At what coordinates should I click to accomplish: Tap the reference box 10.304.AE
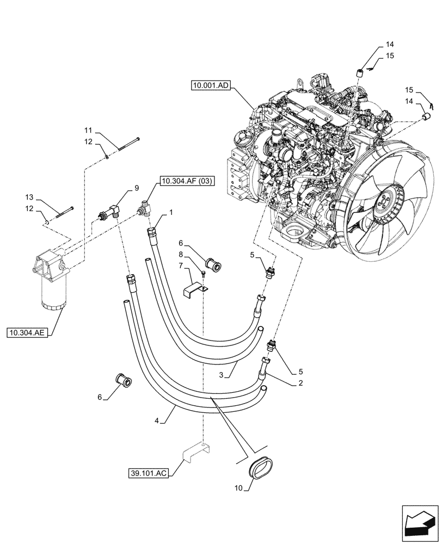(27, 331)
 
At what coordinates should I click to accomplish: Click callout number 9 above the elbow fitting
(137, 188)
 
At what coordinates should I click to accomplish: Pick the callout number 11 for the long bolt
(88, 131)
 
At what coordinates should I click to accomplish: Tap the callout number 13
(29, 197)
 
